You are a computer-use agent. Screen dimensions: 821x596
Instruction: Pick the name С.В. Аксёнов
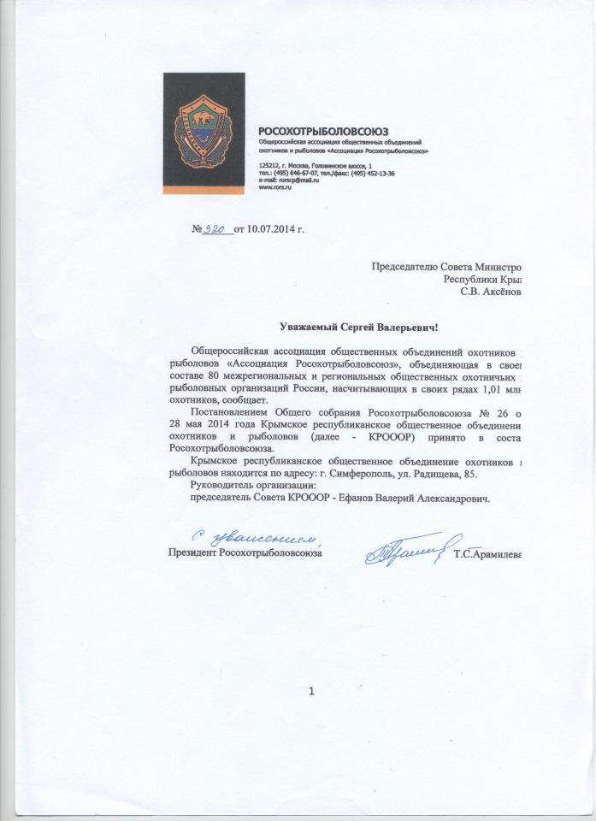pos(490,292)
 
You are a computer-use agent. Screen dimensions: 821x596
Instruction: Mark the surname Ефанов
pos(331,499)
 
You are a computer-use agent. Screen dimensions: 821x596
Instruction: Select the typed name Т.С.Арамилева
pos(487,552)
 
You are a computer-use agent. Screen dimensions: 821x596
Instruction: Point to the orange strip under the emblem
pos(203,189)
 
